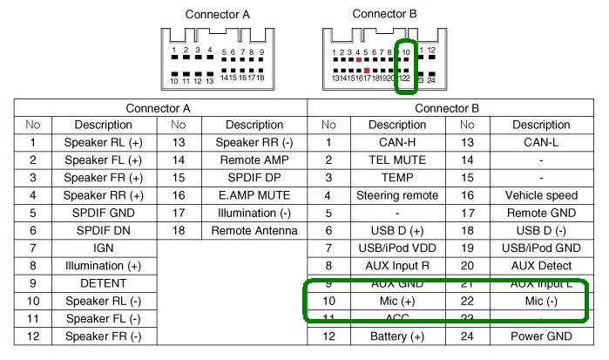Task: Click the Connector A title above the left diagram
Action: tap(217, 15)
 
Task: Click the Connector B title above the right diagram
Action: tap(384, 14)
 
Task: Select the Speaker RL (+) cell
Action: tap(103, 142)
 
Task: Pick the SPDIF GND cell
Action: tap(103, 213)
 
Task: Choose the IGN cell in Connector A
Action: tap(103, 248)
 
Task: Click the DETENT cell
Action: tap(103, 283)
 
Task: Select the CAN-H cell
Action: tap(396, 142)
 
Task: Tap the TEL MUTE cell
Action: tap(396, 160)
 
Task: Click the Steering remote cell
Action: tap(396, 195)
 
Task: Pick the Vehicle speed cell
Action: tap(541, 195)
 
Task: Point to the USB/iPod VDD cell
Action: tap(396, 248)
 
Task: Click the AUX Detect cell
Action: tap(541, 266)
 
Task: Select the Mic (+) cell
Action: tap(396, 301)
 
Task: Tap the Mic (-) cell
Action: tap(541, 301)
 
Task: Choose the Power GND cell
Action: tap(541, 336)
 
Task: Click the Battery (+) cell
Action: tap(396, 336)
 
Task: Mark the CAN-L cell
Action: tap(541, 142)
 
